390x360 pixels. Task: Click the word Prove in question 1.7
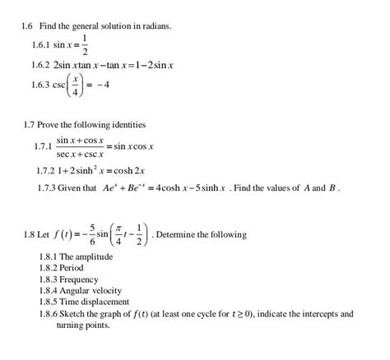(50, 125)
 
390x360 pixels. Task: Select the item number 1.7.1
(43, 146)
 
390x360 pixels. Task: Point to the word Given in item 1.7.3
(72, 187)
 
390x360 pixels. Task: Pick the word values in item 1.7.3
(273, 187)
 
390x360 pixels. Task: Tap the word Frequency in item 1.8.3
(79, 279)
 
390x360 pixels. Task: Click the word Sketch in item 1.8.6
(71, 313)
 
